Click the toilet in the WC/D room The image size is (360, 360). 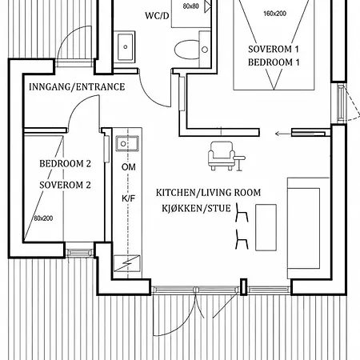pyautogui.click(x=190, y=50)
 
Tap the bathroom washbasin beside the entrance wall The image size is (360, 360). pyautogui.click(x=125, y=47)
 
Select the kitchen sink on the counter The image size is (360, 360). pyautogui.click(x=127, y=143)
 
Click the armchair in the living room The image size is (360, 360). pyautogui.click(x=222, y=156)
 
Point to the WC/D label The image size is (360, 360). pyautogui.click(x=157, y=16)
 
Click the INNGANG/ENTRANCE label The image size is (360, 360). pyautogui.click(x=77, y=87)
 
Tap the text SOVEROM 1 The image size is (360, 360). pyautogui.click(x=274, y=49)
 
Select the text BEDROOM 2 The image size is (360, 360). pyautogui.click(x=65, y=163)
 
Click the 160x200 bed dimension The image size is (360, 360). pyautogui.click(x=274, y=14)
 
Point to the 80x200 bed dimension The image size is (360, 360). pyautogui.click(x=43, y=218)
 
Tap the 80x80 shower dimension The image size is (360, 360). pyautogui.click(x=191, y=6)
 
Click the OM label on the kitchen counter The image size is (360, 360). pyautogui.click(x=129, y=167)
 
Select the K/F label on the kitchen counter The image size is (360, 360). pyautogui.click(x=129, y=198)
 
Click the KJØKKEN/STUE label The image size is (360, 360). pyautogui.click(x=196, y=208)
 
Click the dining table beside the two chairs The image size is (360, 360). pyautogui.click(x=266, y=227)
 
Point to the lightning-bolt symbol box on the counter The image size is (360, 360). pyautogui.click(x=127, y=263)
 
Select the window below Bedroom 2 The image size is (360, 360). pyautogui.click(x=79, y=253)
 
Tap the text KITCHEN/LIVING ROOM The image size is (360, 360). pyautogui.click(x=208, y=193)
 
